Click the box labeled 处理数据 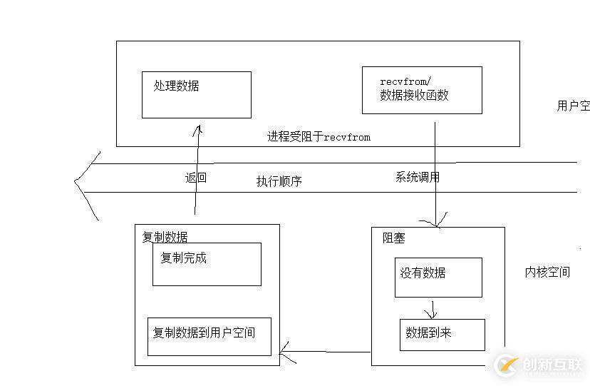(x=196, y=94)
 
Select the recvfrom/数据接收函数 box (x=422, y=90)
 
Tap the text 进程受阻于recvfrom (x=319, y=136)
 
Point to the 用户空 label (x=573, y=106)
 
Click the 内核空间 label (x=547, y=272)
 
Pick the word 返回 (x=195, y=178)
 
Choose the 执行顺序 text (x=279, y=181)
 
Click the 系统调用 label (x=417, y=177)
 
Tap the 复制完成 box (x=207, y=264)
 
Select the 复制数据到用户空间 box (x=209, y=336)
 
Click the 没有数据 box (x=439, y=278)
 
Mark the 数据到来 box (x=442, y=334)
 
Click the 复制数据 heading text (x=165, y=236)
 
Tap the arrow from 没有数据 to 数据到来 (x=430, y=309)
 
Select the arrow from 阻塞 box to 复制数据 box (x=324, y=350)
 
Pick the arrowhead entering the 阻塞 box (x=436, y=222)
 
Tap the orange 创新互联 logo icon (x=507, y=365)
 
